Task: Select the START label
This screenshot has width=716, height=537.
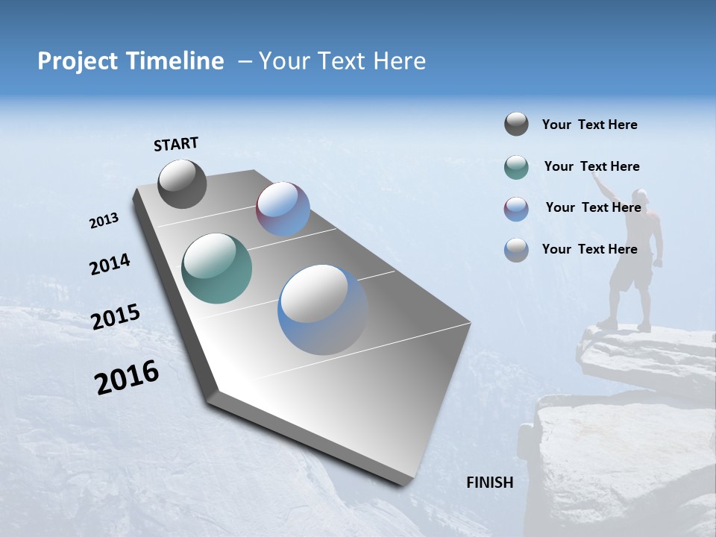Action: coord(176,144)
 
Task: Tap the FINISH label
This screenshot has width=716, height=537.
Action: coord(490,483)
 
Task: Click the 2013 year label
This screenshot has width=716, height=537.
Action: coord(104,221)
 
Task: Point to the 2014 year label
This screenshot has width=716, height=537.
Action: coord(110,264)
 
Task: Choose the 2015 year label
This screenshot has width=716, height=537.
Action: coord(115,317)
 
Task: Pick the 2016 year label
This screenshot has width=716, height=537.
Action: coord(127,377)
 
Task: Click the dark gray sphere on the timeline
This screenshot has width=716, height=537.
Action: coord(182,183)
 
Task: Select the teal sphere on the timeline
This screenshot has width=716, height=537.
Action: coord(216,268)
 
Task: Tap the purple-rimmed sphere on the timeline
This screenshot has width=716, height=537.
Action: coord(283,209)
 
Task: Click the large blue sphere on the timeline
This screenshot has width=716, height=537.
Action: coord(323,310)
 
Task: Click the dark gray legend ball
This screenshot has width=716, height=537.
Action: coord(516,124)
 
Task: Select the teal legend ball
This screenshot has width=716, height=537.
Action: coord(516,167)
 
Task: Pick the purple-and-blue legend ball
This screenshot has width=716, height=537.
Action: coord(516,209)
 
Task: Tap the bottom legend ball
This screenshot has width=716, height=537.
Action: coord(516,250)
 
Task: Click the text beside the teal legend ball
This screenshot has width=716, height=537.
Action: coord(591,166)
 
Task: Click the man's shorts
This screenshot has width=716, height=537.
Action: coord(630,273)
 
